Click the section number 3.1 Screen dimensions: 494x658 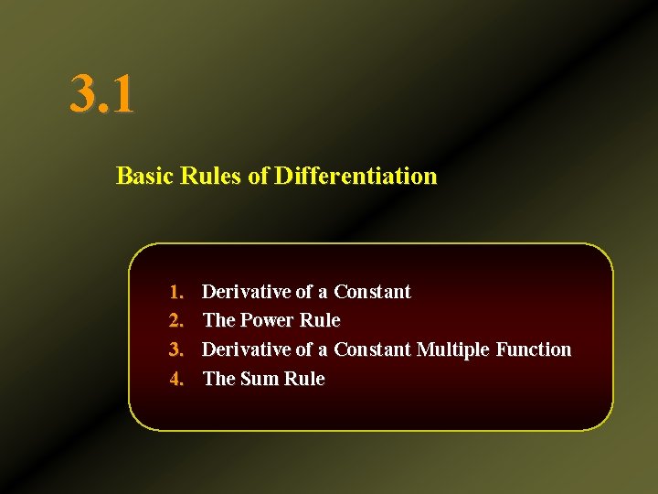click(x=101, y=94)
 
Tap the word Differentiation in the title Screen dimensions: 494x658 click(x=356, y=176)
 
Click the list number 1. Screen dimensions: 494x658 click(x=177, y=292)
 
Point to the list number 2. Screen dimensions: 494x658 click(x=177, y=320)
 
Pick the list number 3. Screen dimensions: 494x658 click(x=177, y=349)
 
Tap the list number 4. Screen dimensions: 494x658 click(x=177, y=379)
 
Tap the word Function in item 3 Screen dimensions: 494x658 click(x=535, y=349)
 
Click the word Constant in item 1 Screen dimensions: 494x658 click(x=372, y=292)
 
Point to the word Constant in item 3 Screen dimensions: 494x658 click(x=372, y=349)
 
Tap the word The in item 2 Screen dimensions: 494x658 click(x=218, y=320)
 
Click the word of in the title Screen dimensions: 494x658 click(x=258, y=176)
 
